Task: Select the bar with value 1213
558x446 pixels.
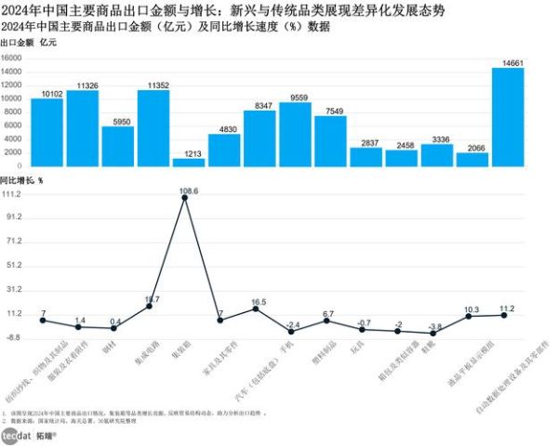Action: pos(188,163)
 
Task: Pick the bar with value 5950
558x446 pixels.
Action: pos(117,147)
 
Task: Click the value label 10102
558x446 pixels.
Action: pos(46,93)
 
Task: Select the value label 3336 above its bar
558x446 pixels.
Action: pos(436,139)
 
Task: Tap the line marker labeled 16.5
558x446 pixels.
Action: pos(256,308)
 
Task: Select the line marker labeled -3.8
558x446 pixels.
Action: pos(434,334)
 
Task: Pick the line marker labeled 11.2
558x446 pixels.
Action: pos(505,315)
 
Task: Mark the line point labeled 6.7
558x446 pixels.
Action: pos(326,321)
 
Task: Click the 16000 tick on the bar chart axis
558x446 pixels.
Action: pos(11,58)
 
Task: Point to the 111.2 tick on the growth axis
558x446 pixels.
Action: pos(12,195)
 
